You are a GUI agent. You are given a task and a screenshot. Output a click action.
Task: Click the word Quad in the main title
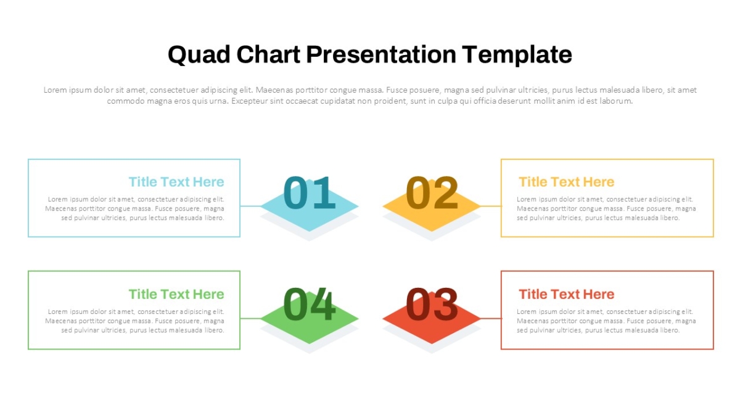click(x=199, y=55)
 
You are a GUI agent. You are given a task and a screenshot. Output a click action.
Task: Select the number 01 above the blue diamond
click(x=309, y=193)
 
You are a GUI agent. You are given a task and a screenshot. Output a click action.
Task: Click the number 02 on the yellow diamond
click(x=432, y=193)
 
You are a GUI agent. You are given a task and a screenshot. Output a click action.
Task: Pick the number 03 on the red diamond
click(x=432, y=304)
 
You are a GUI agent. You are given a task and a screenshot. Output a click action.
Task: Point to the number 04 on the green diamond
click(x=309, y=304)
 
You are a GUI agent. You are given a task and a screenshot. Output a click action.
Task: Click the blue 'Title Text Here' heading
click(x=176, y=182)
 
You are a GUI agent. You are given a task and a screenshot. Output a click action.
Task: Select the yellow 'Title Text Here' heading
click(x=567, y=182)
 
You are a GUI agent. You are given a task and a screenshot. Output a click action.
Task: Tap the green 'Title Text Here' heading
click(x=176, y=294)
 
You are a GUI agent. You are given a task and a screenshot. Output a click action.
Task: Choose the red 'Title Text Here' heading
click(x=567, y=294)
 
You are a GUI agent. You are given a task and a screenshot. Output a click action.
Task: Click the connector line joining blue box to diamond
click(x=250, y=206)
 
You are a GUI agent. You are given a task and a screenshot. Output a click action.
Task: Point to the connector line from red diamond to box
click(x=491, y=318)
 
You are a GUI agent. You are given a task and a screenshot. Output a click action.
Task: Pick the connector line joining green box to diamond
click(x=250, y=318)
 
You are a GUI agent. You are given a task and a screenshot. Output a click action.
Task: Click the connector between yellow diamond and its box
click(x=491, y=206)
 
